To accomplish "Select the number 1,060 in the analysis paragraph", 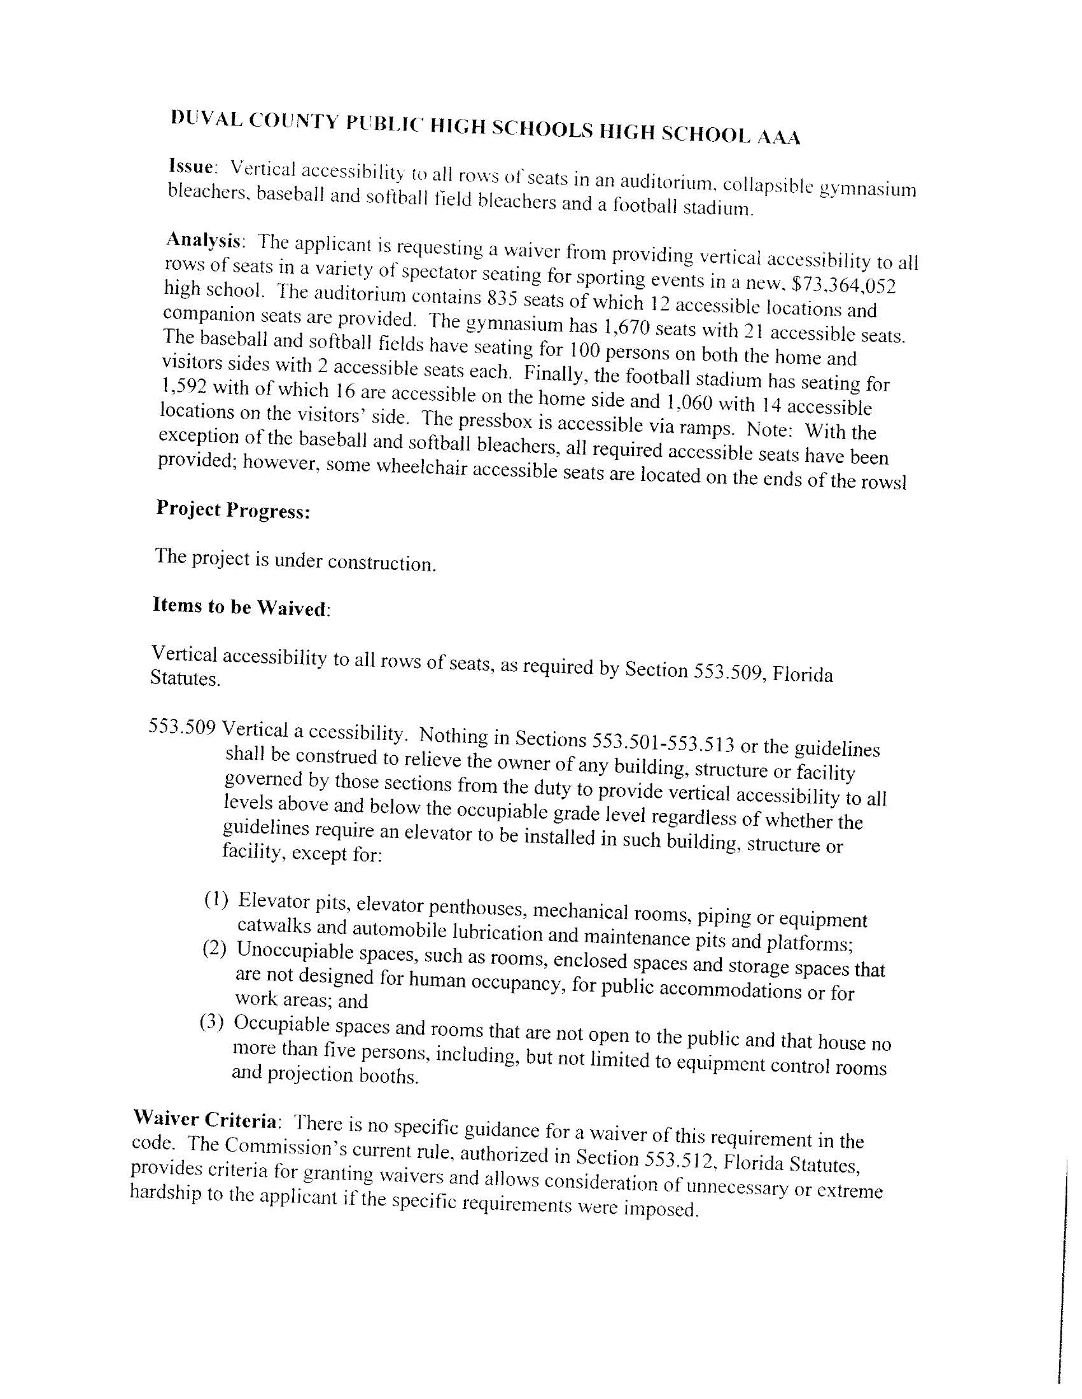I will point(691,403).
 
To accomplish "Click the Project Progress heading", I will point(234,510).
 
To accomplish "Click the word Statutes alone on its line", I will point(185,678).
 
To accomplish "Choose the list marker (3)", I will point(212,1022).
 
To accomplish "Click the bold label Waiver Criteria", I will point(205,1120).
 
